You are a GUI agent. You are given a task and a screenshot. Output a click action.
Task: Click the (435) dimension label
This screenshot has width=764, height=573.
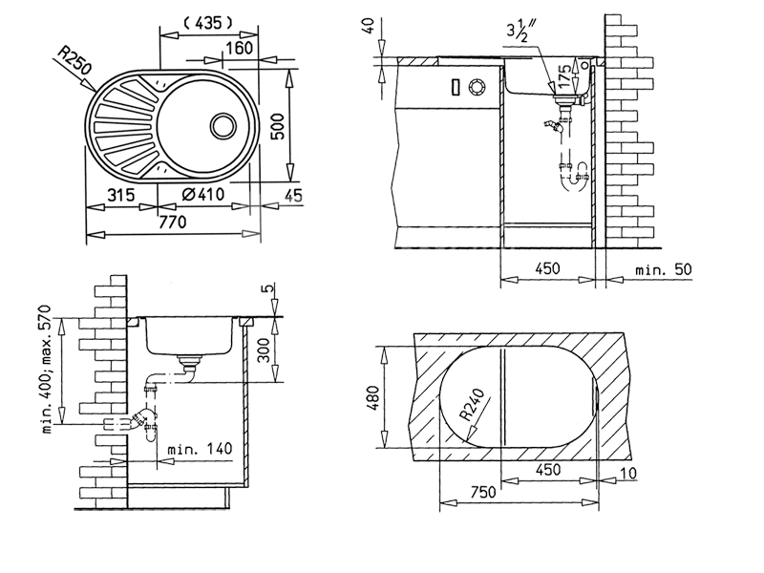[208, 23]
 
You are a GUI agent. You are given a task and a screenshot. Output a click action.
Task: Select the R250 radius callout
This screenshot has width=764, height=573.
[74, 60]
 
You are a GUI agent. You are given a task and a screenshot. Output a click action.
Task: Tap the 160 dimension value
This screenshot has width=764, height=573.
[240, 48]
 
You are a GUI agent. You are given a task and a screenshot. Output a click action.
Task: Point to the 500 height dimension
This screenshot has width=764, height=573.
[277, 126]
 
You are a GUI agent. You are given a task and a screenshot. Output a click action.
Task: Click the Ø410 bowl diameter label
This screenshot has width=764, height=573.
[202, 195]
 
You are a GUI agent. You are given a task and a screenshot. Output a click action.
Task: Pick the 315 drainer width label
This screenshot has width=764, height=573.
[120, 195]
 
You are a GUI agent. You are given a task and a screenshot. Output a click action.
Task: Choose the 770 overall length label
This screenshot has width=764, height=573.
[173, 223]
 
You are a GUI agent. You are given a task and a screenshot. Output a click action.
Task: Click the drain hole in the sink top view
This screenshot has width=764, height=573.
[223, 126]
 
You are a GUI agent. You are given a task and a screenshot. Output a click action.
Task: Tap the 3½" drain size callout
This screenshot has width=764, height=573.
[520, 32]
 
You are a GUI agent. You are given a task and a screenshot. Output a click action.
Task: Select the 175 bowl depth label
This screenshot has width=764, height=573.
[564, 75]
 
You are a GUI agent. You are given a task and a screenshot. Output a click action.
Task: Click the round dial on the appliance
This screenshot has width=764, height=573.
[477, 87]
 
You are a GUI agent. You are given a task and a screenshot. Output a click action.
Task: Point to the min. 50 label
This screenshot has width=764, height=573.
[664, 269]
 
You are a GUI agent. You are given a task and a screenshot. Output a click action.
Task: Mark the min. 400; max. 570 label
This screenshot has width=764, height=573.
[47, 370]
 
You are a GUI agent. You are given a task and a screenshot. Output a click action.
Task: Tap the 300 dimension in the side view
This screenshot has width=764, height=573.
[264, 350]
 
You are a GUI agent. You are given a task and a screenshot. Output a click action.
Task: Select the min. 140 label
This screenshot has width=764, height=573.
[200, 448]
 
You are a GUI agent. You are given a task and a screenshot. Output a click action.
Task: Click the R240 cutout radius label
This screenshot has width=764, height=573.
[472, 405]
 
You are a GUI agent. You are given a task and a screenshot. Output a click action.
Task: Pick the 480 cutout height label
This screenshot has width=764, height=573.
[373, 397]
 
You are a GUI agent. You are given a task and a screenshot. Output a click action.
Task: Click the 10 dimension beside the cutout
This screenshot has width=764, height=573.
[629, 473]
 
